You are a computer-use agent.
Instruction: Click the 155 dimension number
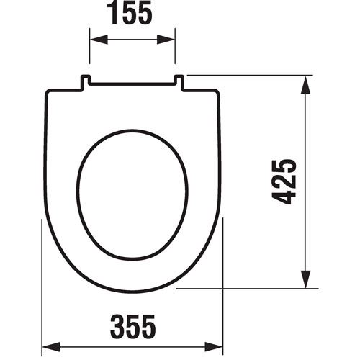tap(132, 15)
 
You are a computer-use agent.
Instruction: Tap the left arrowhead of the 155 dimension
tap(94, 41)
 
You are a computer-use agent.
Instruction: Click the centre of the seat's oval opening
tap(132, 194)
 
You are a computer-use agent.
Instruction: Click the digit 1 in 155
tap(116, 15)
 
